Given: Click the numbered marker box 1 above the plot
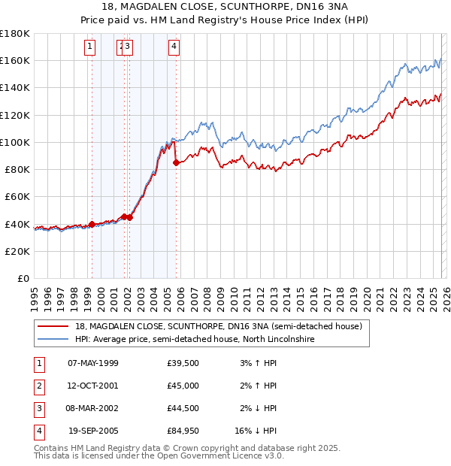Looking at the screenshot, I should coord(90,47).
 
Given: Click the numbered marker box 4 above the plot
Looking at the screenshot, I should coord(174,47).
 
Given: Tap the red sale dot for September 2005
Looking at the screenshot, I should coord(176,162).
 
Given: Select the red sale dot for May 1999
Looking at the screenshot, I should coord(92,224).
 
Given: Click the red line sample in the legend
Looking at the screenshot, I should coord(53,327).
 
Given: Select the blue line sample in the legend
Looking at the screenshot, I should coord(53,339).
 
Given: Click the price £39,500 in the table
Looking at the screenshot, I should coord(183,363).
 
